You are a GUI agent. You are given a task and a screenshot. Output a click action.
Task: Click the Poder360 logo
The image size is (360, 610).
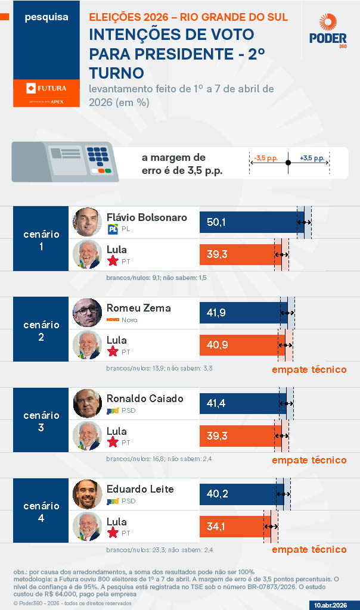click(324, 32)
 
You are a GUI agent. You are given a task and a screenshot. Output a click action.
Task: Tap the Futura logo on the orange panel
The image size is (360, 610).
click(46, 89)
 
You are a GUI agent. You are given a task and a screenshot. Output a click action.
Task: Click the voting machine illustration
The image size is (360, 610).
click(66, 161)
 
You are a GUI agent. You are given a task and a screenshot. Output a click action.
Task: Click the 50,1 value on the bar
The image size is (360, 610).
click(216, 222)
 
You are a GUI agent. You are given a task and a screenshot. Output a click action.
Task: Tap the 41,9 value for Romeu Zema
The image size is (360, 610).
click(216, 313)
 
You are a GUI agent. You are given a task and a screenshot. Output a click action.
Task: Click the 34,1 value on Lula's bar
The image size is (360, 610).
click(216, 526)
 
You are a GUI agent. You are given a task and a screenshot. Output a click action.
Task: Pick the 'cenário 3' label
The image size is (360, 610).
click(41, 421)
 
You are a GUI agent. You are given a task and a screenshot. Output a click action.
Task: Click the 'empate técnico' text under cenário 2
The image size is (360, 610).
click(309, 369)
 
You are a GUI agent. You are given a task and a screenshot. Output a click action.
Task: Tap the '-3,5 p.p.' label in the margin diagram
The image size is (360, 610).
click(265, 158)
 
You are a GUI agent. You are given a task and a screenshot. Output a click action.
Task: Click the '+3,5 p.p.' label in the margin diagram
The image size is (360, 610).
click(312, 158)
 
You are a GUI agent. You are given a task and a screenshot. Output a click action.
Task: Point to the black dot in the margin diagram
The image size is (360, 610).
click(288, 163)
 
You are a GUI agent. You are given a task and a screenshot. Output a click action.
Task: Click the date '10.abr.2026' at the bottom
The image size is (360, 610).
click(331, 605)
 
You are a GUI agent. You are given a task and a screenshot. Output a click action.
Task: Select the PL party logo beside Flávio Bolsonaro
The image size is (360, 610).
click(112, 229)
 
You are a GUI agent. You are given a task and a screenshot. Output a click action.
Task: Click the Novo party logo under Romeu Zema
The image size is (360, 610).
click(112, 320)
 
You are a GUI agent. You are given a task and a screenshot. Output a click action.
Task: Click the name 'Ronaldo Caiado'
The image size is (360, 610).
click(145, 399)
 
